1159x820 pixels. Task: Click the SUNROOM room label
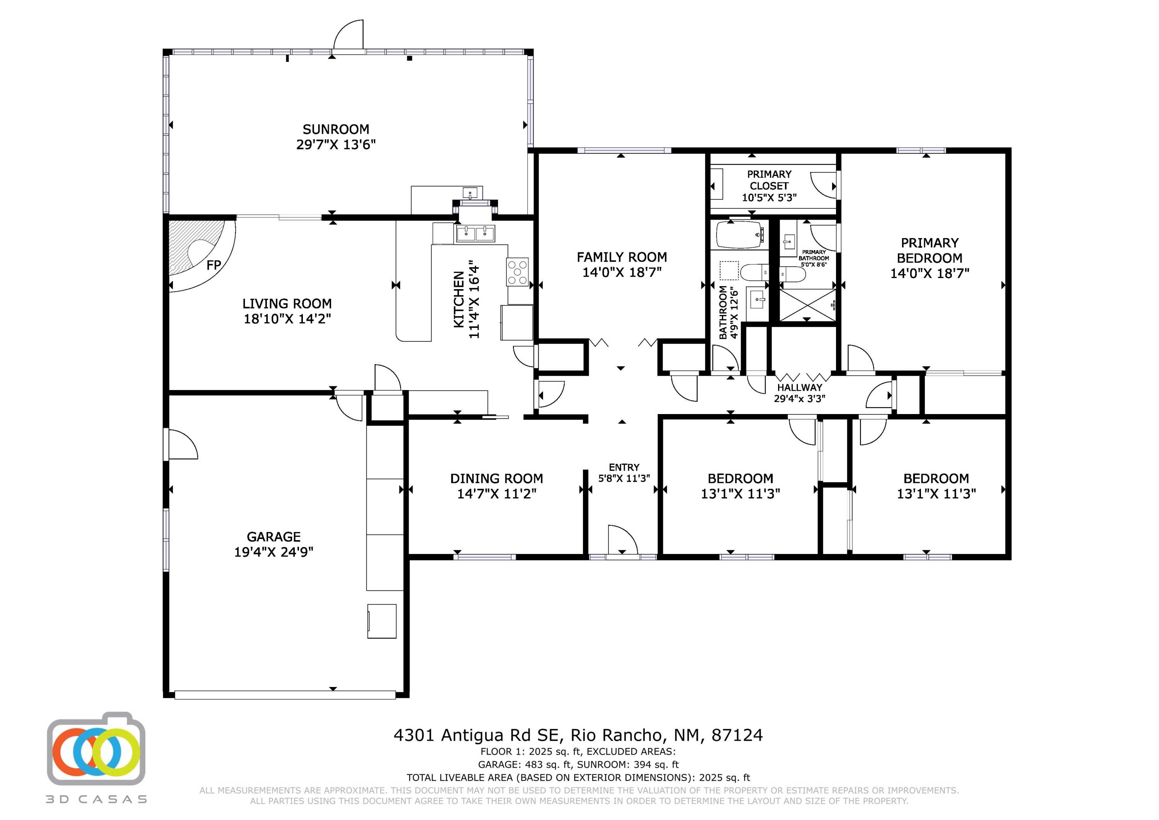pos(336,130)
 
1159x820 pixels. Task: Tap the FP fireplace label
pos(214,265)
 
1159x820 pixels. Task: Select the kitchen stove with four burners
pos(517,272)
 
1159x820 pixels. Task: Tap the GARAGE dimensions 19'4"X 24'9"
pos(274,552)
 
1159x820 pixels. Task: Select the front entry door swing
pos(623,540)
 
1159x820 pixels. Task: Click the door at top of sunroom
pos(348,35)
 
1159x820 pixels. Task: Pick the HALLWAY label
pos(800,387)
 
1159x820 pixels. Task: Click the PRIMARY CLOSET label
pos(769,180)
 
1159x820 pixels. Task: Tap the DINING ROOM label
pos(497,479)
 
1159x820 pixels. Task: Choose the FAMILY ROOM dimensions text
pos(622,272)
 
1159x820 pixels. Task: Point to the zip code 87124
pos(737,735)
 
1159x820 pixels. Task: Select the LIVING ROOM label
pos(287,303)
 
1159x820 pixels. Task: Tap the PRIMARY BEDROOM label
pos(929,251)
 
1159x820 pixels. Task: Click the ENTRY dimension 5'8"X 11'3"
pos(624,478)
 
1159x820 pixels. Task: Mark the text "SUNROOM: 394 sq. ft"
pos(628,764)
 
